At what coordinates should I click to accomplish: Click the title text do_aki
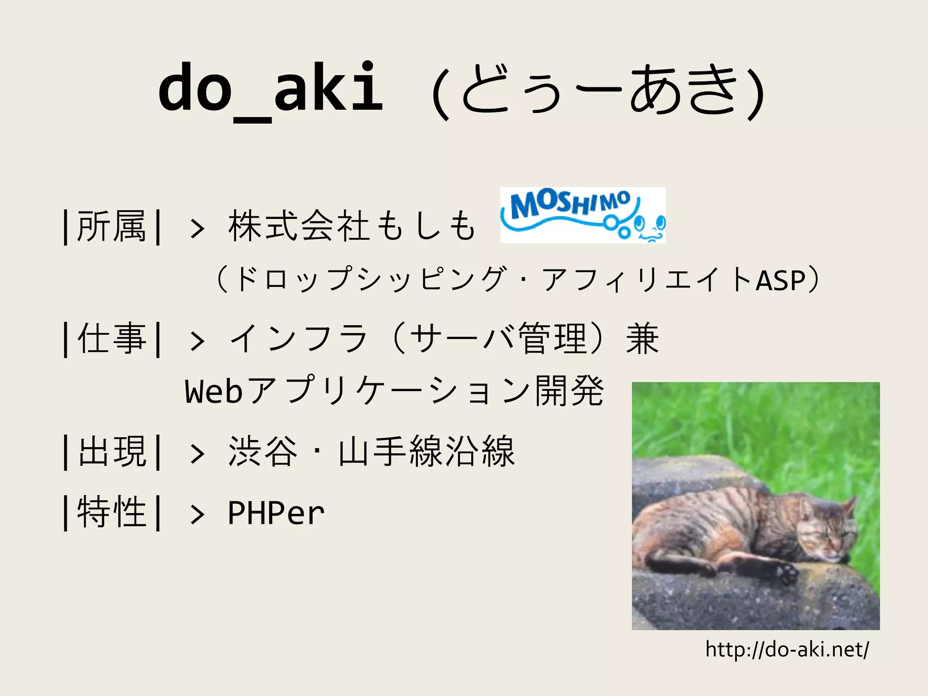pos(271,88)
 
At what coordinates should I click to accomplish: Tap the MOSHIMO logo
pos(583,215)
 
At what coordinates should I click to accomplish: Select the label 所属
pos(111,226)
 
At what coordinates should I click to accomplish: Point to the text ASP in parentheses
pos(780,280)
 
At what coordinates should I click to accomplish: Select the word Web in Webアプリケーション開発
pos(214,391)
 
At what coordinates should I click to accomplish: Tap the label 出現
pos(111,452)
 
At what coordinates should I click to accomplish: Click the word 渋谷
pos(263,452)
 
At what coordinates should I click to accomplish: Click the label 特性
pos(111,512)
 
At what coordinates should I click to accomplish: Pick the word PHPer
pos(276,513)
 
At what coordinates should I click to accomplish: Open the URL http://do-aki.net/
pos(787,649)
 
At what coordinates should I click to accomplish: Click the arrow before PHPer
pos(197,515)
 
